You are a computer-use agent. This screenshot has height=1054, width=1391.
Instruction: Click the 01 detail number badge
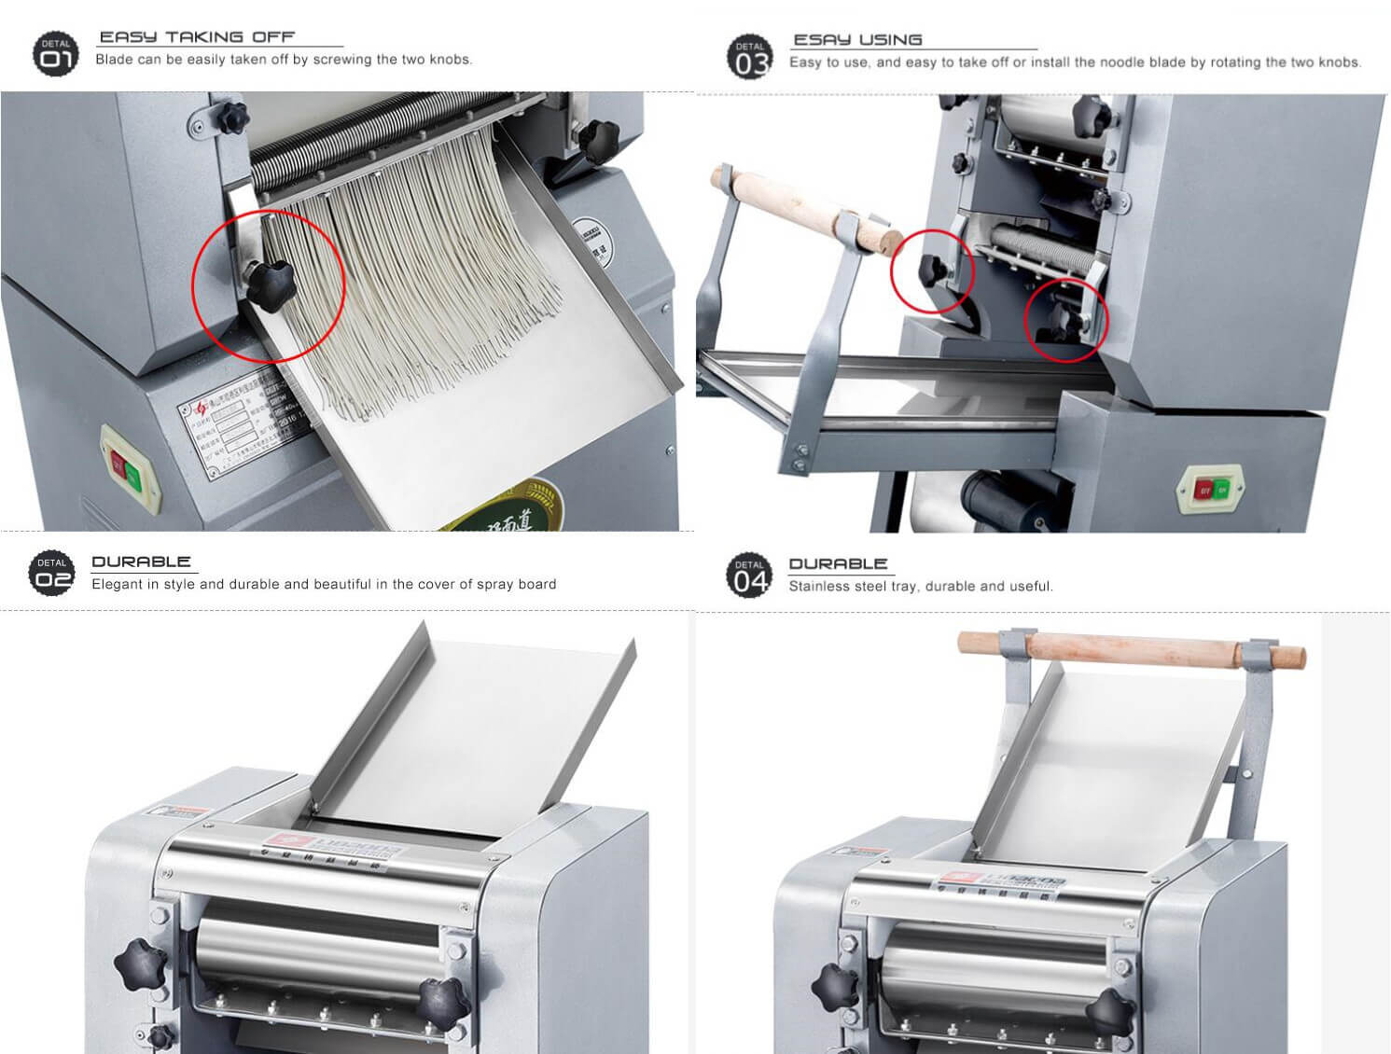click(x=55, y=54)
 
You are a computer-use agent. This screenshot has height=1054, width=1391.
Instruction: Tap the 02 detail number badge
click(x=52, y=572)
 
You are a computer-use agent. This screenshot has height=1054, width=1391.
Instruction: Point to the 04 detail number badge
click(x=749, y=575)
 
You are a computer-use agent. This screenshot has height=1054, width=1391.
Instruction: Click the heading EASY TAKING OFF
click(x=197, y=37)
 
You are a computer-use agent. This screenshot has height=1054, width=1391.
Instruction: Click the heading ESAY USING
click(x=857, y=40)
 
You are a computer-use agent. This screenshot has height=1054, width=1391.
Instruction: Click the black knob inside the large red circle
click(x=269, y=279)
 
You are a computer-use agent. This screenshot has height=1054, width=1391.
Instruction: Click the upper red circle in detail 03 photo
click(x=932, y=271)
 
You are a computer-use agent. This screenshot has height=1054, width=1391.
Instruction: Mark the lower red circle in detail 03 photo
click(x=1066, y=320)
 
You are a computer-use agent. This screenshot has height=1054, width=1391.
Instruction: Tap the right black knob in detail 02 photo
click(x=441, y=1004)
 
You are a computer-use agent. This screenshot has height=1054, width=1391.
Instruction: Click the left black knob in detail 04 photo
click(x=833, y=984)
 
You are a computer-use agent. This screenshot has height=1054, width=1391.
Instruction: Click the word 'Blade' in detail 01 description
click(x=114, y=60)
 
